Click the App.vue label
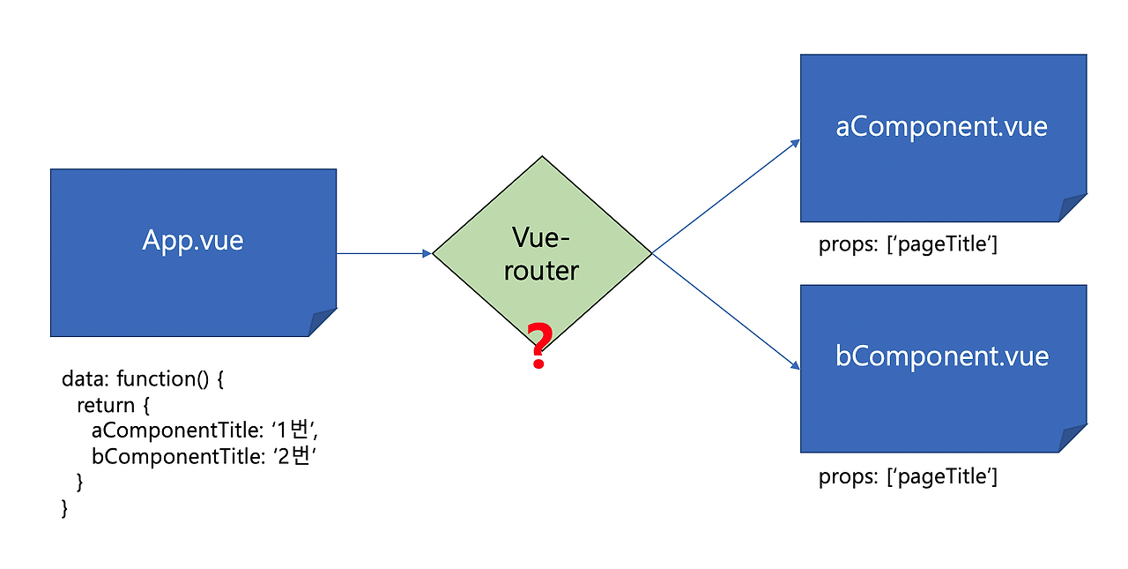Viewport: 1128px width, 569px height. (x=193, y=241)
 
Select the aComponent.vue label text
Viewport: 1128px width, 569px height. (x=942, y=126)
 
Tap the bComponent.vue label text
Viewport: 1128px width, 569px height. (x=942, y=356)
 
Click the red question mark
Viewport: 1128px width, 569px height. (x=538, y=346)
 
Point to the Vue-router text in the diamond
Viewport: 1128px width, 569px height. (x=541, y=253)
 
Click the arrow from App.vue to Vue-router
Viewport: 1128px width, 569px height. (x=383, y=254)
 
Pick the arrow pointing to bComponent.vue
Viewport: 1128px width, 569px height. (x=725, y=311)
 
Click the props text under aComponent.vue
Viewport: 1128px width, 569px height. (x=908, y=244)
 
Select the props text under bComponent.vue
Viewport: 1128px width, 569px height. (x=908, y=477)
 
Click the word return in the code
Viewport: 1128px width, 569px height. (x=106, y=406)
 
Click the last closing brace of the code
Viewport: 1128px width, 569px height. (x=64, y=508)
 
